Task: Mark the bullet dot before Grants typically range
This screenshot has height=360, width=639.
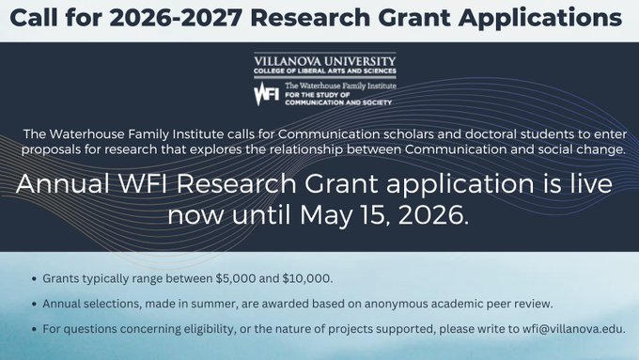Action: pos(35,280)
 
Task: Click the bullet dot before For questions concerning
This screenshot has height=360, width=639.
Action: pos(35,330)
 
